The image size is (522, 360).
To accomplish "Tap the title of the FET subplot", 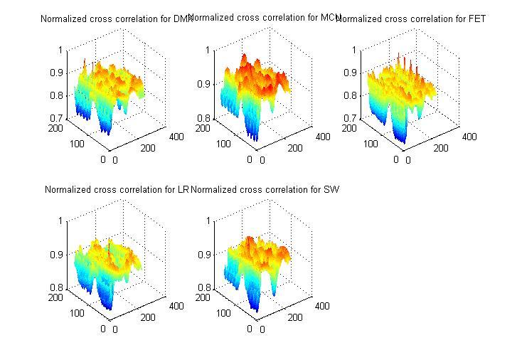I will tap(410, 19).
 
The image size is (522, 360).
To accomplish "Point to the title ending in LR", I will tap(116, 190).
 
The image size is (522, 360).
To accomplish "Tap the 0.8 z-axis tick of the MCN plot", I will tap(202, 118).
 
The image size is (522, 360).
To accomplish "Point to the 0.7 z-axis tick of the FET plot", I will tap(348, 118).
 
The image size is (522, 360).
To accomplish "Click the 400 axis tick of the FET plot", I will tap(469, 137).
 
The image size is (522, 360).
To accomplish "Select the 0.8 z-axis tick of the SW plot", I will tap(202, 288).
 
